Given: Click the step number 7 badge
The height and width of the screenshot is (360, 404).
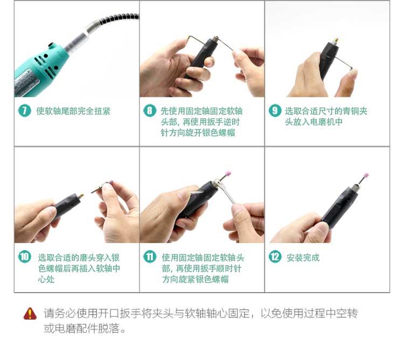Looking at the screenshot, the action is [24, 110].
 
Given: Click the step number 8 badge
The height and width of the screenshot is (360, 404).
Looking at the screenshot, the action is [150, 110].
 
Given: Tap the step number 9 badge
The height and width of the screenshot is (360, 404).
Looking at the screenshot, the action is [275, 110].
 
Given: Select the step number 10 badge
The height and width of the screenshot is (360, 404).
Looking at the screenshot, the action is [24, 257].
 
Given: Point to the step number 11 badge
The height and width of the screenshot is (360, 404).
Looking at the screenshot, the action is [150, 257].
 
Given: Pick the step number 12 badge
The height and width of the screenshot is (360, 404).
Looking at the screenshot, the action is [275, 257].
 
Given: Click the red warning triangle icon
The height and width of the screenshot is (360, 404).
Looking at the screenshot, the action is [30, 314].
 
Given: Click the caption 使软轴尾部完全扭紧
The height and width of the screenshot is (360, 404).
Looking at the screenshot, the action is [73, 111].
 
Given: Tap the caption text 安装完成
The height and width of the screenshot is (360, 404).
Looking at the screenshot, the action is [303, 258].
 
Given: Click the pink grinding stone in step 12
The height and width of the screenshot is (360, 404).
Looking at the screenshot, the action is [365, 176].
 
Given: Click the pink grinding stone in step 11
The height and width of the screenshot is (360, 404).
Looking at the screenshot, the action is [228, 174].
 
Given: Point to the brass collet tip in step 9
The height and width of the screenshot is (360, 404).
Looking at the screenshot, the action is [336, 41].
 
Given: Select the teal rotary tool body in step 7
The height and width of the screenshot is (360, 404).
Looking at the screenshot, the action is [41, 69].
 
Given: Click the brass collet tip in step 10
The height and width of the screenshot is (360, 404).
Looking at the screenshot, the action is [81, 196].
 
